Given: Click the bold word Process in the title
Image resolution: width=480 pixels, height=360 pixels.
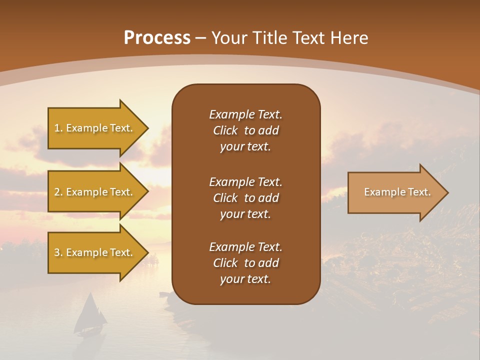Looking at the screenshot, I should [x=157, y=38].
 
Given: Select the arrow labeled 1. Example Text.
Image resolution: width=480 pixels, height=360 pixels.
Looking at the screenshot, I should [x=95, y=128].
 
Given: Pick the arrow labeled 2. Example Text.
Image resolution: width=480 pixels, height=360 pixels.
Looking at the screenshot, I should [x=95, y=192].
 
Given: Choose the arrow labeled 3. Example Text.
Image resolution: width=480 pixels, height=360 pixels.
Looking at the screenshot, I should [x=95, y=252].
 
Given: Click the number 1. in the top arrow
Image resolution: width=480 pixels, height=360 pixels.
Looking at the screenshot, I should [x=58, y=128].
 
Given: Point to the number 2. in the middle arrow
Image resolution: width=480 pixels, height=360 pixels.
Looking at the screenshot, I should [x=58, y=192].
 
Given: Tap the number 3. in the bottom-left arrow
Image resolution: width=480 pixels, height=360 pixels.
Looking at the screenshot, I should [x=58, y=252].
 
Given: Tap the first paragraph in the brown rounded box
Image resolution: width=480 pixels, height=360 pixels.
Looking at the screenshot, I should [x=245, y=130].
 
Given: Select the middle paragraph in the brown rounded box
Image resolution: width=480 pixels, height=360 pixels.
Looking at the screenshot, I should [x=245, y=198].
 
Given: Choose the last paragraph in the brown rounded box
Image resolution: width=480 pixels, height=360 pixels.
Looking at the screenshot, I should [x=245, y=263].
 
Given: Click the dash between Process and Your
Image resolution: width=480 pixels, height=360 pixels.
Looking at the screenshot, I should [x=200, y=38].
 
